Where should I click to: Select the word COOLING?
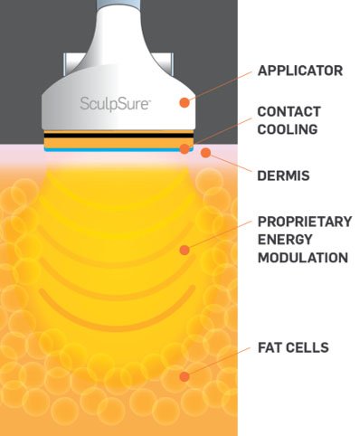pyautogui.click(x=285, y=128)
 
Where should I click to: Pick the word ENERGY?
pyautogui.click(x=282, y=239)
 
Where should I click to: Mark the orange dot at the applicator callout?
pyautogui.click(x=185, y=102)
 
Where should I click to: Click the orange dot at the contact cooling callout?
pyautogui.click(x=185, y=148)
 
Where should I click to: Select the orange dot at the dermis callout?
pyautogui.click(x=205, y=155)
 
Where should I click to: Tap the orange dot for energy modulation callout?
pyautogui.click(x=185, y=249)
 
